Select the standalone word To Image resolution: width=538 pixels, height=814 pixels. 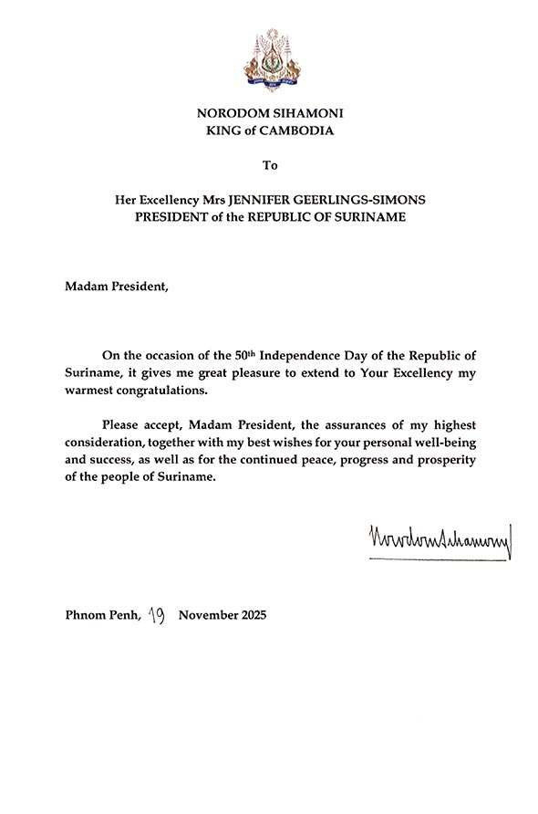tap(269, 165)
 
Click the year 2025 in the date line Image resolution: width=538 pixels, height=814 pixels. tap(249, 616)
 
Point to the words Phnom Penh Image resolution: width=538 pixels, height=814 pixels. tap(102, 616)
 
